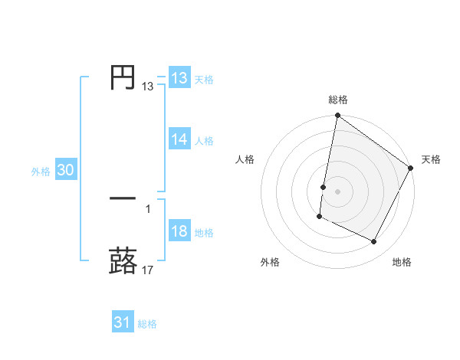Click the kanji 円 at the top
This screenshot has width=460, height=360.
tap(123, 78)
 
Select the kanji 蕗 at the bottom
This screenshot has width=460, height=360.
tap(123, 260)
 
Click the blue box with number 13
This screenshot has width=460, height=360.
tap(179, 78)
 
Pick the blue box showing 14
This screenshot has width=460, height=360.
tap(179, 139)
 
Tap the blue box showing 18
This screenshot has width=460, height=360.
tap(179, 232)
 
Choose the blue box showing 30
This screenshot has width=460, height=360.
tap(65, 171)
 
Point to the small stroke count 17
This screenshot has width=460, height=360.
tap(149, 270)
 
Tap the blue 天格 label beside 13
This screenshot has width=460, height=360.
tap(204, 80)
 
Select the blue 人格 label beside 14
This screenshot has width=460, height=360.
tap(204, 141)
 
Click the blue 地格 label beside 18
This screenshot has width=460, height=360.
tap(204, 233)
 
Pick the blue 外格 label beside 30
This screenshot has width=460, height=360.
tap(41, 172)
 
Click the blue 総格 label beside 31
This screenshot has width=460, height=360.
tap(147, 324)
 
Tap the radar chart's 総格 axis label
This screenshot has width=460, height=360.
tap(338, 100)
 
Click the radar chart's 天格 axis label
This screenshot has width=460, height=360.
tap(431, 159)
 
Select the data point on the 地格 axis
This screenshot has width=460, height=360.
tap(374, 242)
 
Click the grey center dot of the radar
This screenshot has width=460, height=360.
tap(338, 191)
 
